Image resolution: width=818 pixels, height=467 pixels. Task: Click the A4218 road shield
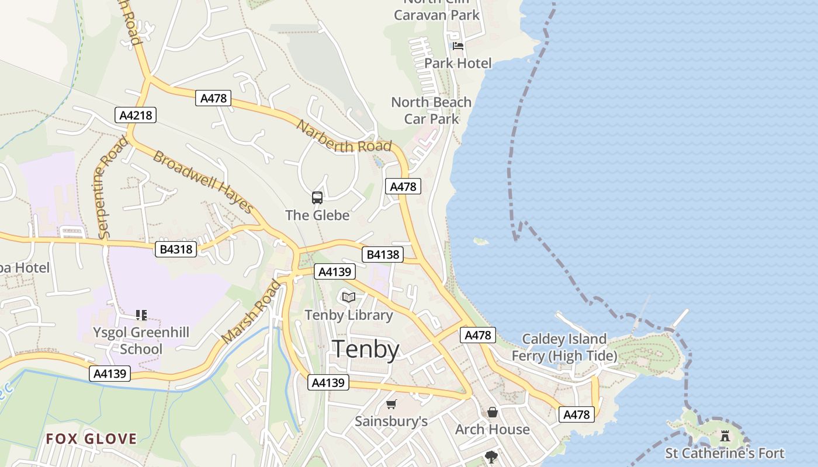[x=136, y=115]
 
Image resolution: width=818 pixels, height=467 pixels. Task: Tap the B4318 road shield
[x=176, y=250]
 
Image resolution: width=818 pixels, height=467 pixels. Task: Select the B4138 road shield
[x=382, y=255]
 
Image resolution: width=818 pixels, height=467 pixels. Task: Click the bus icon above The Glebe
[x=317, y=198]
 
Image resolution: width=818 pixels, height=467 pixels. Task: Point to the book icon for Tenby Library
[x=349, y=297]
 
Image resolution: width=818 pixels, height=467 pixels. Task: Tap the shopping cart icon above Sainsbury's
[x=391, y=404]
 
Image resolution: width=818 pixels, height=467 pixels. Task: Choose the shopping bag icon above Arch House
[x=493, y=413]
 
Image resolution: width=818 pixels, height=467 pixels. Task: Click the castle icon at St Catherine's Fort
[x=725, y=435]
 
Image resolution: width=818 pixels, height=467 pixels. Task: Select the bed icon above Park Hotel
[x=458, y=46]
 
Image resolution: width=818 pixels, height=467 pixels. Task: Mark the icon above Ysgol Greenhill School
[x=141, y=315]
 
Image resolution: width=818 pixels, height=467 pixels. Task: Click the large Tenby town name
[x=366, y=349]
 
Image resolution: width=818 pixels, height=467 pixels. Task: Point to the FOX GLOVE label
[x=92, y=439]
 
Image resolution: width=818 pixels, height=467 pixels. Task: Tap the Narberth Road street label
[x=344, y=137]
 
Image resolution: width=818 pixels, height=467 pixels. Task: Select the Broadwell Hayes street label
[x=203, y=182]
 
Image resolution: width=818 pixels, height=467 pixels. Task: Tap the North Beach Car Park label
[x=431, y=110]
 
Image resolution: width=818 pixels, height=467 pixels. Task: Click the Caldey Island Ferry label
[x=564, y=347]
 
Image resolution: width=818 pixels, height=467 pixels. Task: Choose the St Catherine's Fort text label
[x=725, y=453]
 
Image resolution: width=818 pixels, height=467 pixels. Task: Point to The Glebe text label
[x=317, y=215]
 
